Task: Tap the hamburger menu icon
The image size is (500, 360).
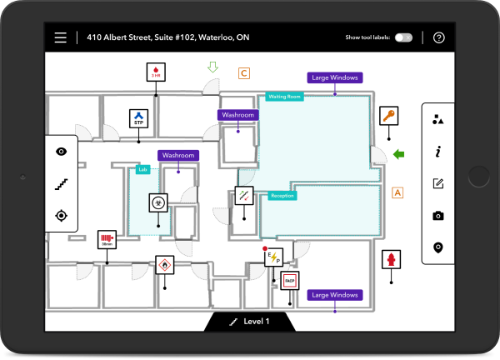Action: pyautogui.click(x=60, y=37)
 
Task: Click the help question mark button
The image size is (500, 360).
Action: pyautogui.click(x=439, y=37)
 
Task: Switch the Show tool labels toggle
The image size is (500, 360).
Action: pyautogui.click(x=403, y=37)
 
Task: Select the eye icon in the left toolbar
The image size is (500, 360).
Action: pyautogui.click(x=61, y=152)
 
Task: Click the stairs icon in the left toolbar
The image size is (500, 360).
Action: pyautogui.click(x=61, y=183)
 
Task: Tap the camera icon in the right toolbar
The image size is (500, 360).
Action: pyautogui.click(x=438, y=216)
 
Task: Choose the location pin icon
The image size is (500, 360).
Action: pyautogui.click(x=438, y=247)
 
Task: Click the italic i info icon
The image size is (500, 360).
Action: pyautogui.click(x=438, y=152)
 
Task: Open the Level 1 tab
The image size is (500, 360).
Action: pyautogui.click(x=250, y=321)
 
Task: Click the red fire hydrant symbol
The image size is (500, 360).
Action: pyautogui.click(x=387, y=259)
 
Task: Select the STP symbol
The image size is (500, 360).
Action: pyautogui.click(x=139, y=118)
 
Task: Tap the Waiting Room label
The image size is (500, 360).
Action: pyautogui.click(x=284, y=97)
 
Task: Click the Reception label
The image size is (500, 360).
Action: pyautogui.click(x=282, y=196)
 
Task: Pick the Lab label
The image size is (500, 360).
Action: pyautogui.click(x=142, y=169)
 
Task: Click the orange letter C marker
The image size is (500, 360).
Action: pyautogui.click(x=244, y=73)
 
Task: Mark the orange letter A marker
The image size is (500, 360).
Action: pyautogui.click(x=397, y=192)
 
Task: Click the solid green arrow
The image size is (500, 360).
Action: pyautogui.click(x=400, y=153)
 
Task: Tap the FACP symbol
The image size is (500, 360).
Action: pyautogui.click(x=290, y=281)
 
